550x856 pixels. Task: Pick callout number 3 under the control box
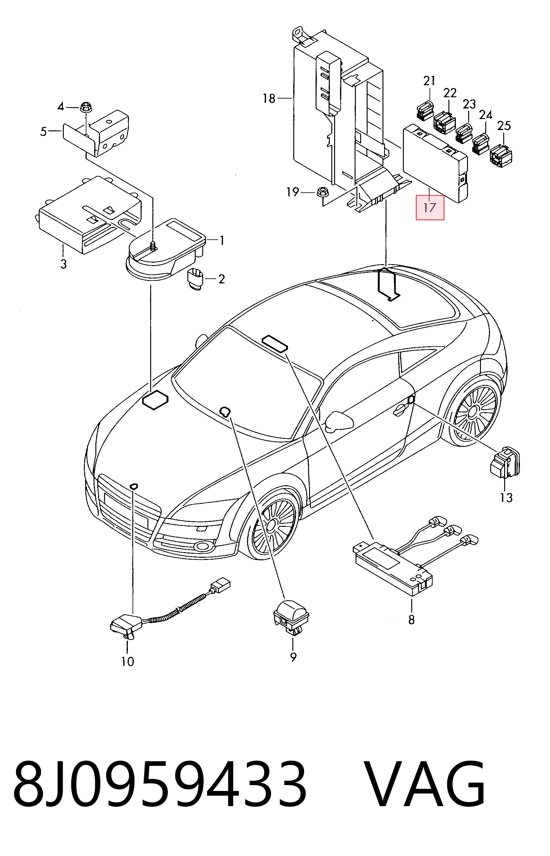click(63, 264)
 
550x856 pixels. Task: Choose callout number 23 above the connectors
click(469, 104)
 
